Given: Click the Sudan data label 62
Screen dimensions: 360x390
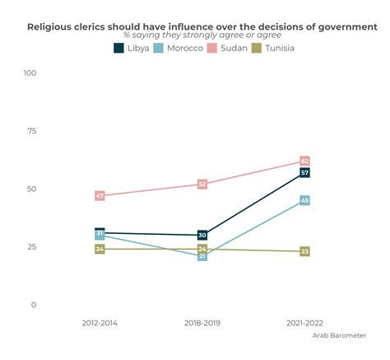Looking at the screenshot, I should click(x=304, y=161).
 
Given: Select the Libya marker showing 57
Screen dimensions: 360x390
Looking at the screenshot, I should click(x=304, y=172).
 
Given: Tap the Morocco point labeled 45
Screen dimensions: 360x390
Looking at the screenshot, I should click(x=304, y=200).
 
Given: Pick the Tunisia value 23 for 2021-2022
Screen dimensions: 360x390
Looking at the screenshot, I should click(x=304, y=251).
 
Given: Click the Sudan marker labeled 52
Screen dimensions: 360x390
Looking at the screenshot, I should click(x=202, y=184).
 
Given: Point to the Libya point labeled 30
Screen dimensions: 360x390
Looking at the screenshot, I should click(x=202, y=235).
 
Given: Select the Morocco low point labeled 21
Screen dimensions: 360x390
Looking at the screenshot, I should click(x=202, y=256).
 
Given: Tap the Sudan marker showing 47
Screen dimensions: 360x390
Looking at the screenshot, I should click(x=100, y=195).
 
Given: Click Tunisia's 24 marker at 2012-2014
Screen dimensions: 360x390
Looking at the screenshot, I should click(x=100, y=249).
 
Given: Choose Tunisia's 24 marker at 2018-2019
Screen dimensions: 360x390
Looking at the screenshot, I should click(x=202, y=249).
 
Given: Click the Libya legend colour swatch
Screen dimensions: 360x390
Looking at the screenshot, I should click(x=118, y=48).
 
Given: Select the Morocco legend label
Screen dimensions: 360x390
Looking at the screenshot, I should click(x=185, y=48).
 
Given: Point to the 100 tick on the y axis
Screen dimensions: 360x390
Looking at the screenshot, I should click(x=30, y=72).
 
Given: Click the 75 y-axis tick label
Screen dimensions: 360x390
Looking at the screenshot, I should click(x=32, y=130).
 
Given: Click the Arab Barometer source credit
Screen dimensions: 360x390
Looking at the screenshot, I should click(x=339, y=335).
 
